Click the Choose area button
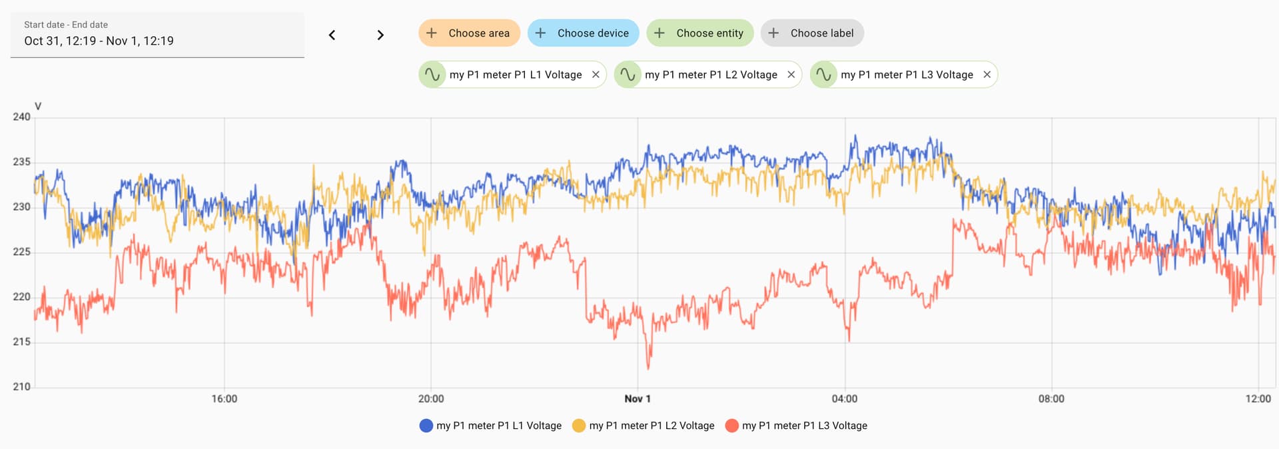coord(469,33)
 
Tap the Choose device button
coord(583,33)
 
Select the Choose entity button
coord(699,33)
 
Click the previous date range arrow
coord(332,35)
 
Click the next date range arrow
coord(380,35)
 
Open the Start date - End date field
coord(157,35)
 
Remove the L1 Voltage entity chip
coord(596,75)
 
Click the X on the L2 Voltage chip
coord(791,75)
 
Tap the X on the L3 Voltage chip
coord(987,75)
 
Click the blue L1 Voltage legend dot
coord(426,426)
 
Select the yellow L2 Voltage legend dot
coord(579,426)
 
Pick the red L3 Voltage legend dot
coord(731,426)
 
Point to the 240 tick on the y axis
coord(21,117)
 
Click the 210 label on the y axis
coord(21,386)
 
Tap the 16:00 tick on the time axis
coord(224,399)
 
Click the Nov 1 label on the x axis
coord(638,399)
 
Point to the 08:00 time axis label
coord(1051,399)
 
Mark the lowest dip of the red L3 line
coord(648,368)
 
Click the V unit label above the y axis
coord(38,106)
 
